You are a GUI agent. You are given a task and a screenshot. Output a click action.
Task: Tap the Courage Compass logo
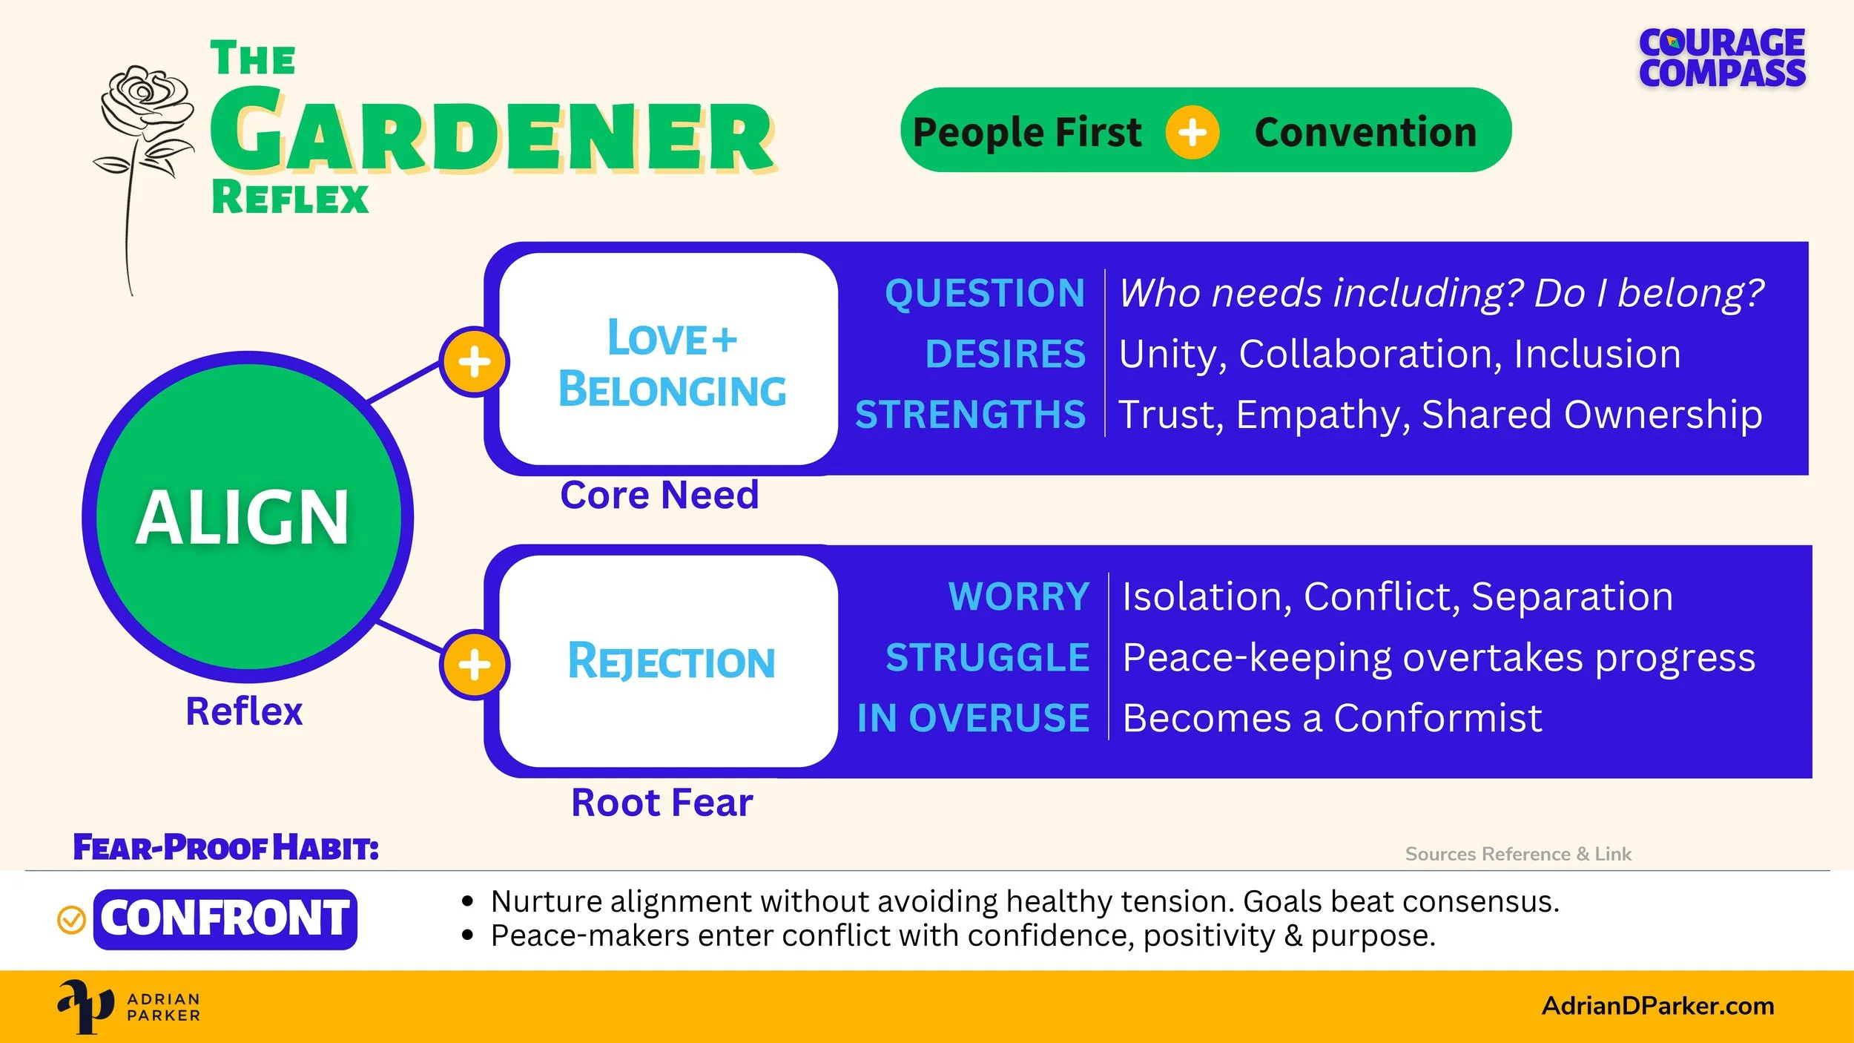coord(1722,58)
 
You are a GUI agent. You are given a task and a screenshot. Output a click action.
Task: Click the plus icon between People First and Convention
coord(1192,133)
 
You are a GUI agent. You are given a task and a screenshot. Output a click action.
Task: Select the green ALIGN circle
coord(248,517)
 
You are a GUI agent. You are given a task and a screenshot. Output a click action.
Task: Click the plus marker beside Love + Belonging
coord(475,362)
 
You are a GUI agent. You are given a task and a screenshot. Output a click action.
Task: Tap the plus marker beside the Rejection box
coord(475,665)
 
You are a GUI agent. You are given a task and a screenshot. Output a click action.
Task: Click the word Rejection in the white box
coord(671,662)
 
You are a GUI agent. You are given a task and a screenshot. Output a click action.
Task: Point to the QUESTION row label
coord(984,293)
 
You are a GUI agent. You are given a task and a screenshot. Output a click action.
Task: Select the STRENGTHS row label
coord(970,414)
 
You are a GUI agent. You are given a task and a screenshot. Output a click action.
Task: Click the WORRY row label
coord(1018,596)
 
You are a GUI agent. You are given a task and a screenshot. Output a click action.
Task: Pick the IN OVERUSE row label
coord(973,718)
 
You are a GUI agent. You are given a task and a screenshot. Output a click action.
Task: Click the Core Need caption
coord(659,495)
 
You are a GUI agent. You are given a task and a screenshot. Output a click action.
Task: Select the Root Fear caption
coord(662,803)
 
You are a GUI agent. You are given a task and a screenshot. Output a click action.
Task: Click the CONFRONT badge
coord(225,918)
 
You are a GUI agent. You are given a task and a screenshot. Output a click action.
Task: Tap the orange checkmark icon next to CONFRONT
coord(71,920)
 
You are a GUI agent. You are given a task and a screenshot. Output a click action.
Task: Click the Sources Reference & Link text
coord(1518,854)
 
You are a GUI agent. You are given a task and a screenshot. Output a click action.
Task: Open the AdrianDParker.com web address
coord(1658,1006)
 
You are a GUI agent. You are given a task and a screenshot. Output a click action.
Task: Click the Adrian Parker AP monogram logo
coord(85,1006)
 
